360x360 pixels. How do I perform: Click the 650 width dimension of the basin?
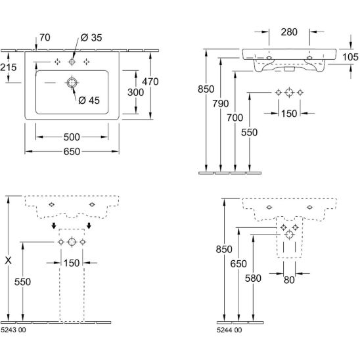click(x=72, y=152)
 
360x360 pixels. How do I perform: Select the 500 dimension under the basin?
click(x=72, y=137)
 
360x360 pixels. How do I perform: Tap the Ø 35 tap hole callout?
click(x=91, y=37)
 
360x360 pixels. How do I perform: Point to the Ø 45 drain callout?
click(x=89, y=101)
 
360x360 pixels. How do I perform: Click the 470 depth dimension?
click(x=150, y=81)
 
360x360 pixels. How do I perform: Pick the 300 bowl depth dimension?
click(x=136, y=92)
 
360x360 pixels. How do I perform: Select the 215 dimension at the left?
click(x=9, y=67)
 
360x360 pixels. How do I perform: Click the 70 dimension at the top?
click(x=45, y=37)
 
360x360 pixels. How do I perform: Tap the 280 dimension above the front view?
click(x=289, y=32)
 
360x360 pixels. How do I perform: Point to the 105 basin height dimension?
click(x=350, y=57)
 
